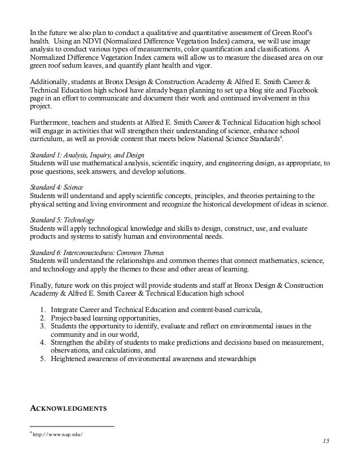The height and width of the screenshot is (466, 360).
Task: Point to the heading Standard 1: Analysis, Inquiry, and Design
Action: pos(86,155)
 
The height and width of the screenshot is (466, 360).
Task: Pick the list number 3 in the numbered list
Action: pos(43,326)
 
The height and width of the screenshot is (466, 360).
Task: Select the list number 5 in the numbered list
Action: pos(43,359)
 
